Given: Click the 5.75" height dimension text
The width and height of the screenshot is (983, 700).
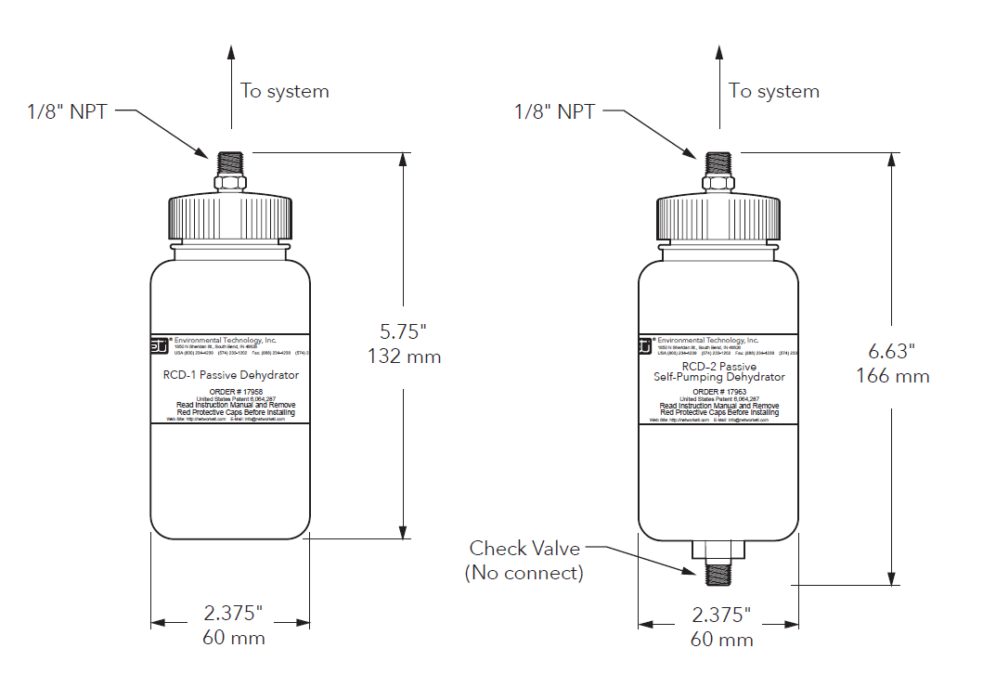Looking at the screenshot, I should coord(403,331).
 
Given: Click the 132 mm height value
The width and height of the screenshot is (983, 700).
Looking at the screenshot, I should coord(404,356).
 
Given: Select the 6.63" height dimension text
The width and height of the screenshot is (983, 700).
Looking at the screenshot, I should coord(891,352).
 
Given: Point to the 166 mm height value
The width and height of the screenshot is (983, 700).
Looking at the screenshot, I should coord(892,376).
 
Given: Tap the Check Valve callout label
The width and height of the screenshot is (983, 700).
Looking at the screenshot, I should coord(524,549).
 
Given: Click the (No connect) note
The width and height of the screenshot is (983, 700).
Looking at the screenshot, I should coord(524,573).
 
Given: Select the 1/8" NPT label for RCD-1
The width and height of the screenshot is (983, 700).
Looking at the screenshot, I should coord(67,112).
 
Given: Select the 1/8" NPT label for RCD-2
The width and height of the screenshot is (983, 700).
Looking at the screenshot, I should coord(554,112).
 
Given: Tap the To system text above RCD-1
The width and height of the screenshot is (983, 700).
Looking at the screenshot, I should coord(284,91).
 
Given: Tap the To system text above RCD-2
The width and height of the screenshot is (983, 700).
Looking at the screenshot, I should coord(773,91).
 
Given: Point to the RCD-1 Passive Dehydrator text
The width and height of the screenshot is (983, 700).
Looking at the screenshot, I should coord(230,375).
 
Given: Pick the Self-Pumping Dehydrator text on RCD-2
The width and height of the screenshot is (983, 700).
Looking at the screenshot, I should coord(718,377).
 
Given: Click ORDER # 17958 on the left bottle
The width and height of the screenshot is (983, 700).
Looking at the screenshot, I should coord(230,392).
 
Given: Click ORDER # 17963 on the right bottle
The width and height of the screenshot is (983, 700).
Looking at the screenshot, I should coord(718,392).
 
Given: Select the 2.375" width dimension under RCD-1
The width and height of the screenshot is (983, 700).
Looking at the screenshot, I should coord(231,614).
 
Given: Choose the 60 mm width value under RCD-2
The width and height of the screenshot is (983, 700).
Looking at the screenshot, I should coord(720,639).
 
